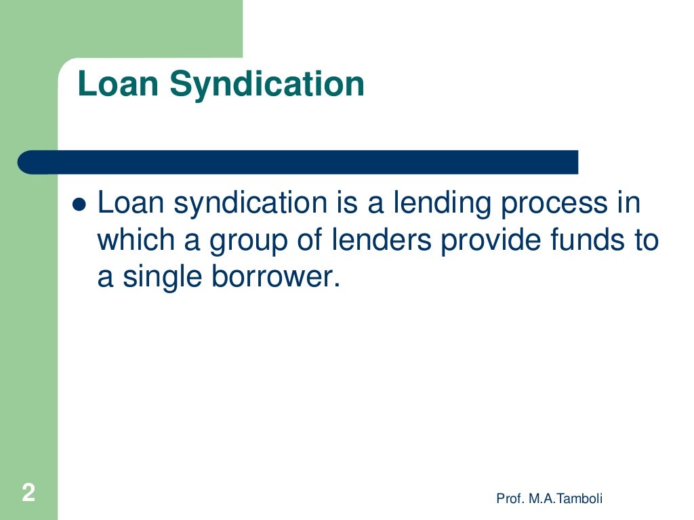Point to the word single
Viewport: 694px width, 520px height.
click(x=160, y=279)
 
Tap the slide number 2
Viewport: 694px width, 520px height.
click(x=28, y=492)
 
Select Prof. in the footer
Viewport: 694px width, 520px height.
click(x=508, y=499)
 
